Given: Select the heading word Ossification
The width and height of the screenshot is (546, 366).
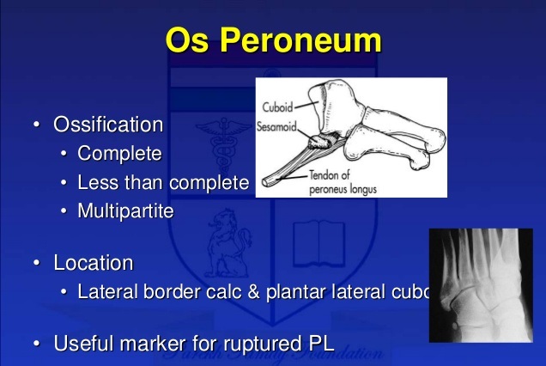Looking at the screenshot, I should point(108,125).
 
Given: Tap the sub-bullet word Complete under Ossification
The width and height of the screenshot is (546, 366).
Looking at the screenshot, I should point(119,155).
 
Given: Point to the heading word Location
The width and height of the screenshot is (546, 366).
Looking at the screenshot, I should point(94,262).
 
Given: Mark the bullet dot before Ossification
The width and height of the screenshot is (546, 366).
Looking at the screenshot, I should point(36,125).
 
